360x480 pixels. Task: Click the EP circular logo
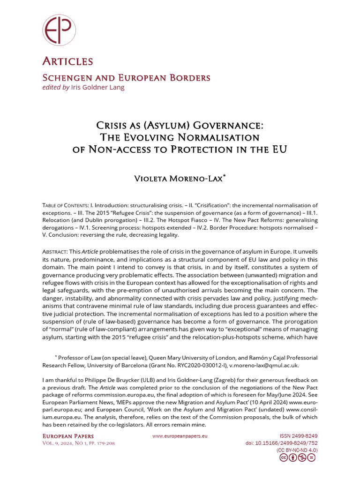(59, 30)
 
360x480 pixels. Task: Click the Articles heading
(67, 61)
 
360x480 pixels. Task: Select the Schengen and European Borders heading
(126, 78)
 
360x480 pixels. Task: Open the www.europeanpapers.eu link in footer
(180, 436)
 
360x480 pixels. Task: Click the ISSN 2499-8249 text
(298, 436)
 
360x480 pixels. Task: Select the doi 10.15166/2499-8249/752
(281, 443)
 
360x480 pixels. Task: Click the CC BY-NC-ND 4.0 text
(297, 450)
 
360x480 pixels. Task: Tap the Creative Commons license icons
(297, 458)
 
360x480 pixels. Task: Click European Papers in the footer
(68, 436)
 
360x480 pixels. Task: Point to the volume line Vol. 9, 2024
(61, 443)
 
